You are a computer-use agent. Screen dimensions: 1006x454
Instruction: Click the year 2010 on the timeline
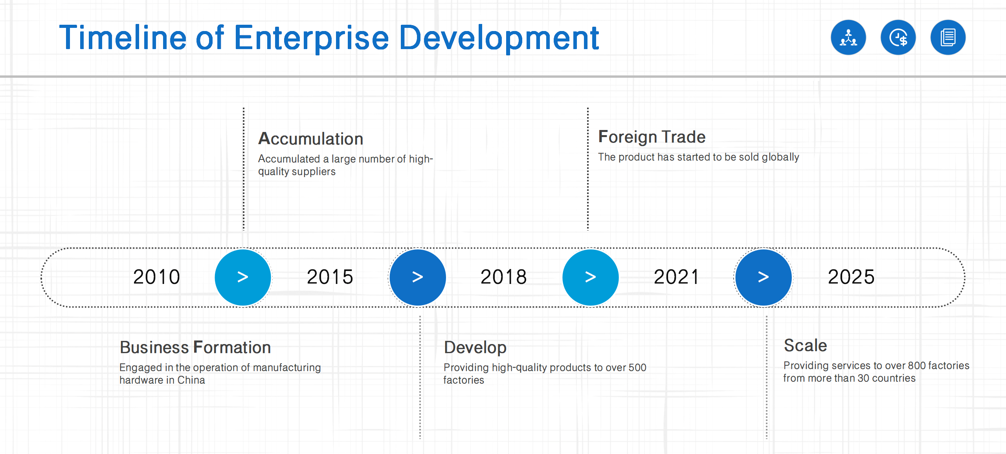(156, 277)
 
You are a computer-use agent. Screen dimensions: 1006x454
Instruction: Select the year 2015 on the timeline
(330, 277)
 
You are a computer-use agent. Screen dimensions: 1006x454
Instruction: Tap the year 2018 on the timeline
(504, 277)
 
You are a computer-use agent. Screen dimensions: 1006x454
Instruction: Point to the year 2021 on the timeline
(677, 277)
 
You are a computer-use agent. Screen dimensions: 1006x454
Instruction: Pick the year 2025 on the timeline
(851, 277)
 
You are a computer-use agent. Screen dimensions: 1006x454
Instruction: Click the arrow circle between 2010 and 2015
(243, 277)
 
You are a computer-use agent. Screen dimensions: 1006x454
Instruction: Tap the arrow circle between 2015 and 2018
(418, 277)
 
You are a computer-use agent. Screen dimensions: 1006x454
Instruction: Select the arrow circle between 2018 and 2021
(591, 277)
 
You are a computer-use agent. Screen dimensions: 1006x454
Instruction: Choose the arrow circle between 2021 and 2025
(764, 277)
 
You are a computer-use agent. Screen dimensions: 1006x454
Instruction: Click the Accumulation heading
(310, 139)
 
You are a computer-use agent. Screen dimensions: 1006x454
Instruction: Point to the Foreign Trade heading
(652, 137)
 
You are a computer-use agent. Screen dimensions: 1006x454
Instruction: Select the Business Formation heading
(195, 347)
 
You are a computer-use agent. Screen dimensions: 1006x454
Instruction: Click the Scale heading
(806, 346)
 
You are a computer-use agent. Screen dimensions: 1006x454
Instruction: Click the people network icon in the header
(848, 37)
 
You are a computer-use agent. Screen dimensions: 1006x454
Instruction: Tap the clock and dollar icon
(898, 37)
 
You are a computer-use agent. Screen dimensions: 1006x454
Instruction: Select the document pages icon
(948, 37)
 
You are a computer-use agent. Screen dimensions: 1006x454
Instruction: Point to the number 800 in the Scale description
(917, 366)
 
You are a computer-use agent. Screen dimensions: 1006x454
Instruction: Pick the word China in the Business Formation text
(191, 380)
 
